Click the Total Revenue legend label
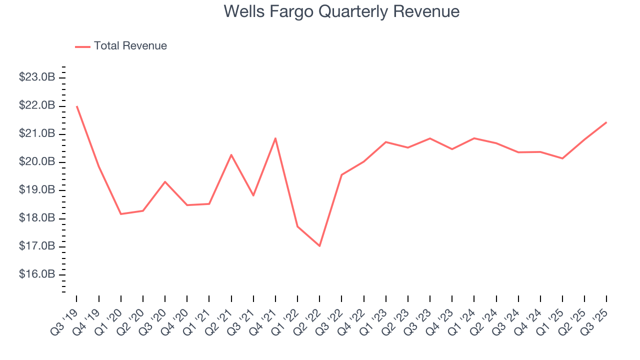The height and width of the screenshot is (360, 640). tap(130, 46)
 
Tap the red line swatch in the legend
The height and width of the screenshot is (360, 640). tap(82, 46)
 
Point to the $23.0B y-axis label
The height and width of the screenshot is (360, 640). tap(36, 77)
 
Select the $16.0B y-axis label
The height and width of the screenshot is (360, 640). tap(36, 274)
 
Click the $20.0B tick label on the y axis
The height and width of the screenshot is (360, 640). tap(36, 162)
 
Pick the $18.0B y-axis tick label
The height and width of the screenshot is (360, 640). tap(36, 218)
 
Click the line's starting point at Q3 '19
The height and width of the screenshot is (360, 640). tap(77, 106)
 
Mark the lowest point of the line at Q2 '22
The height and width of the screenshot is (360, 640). tap(319, 246)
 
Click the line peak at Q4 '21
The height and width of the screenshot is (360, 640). tap(275, 138)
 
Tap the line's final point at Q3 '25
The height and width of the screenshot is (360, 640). tap(606, 122)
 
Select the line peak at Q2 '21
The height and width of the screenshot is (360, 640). tap(231, 154)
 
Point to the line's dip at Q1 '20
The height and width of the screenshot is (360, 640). tap(121, 214)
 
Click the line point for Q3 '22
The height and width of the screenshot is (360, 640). tap(341, 174)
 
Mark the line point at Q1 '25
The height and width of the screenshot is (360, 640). tap(562, 158)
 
